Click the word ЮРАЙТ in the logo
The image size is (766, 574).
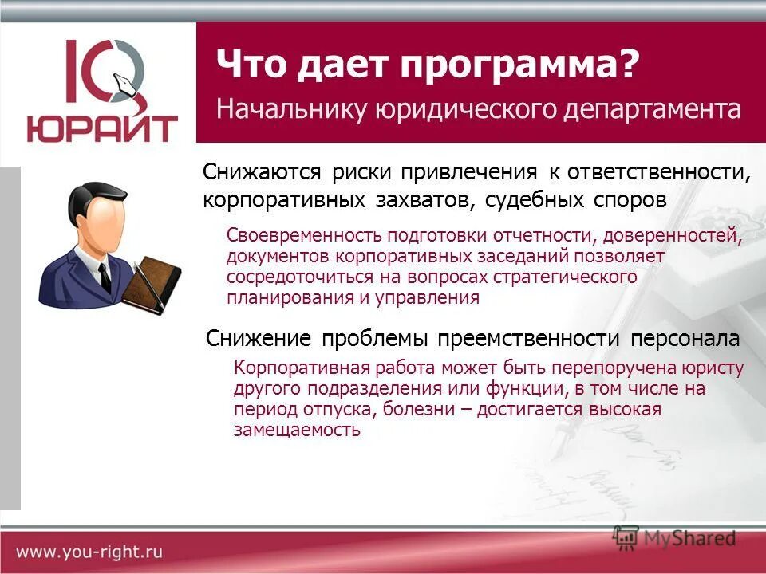click(x=102, y=128)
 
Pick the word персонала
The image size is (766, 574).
click(x=685, y=339)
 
